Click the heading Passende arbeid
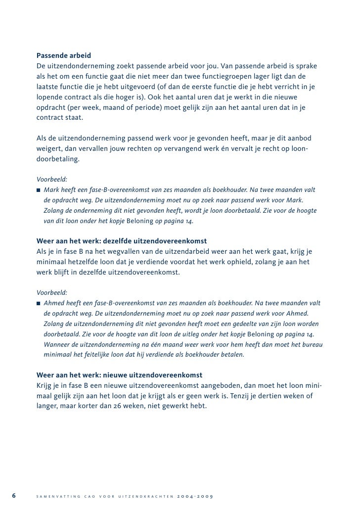(64, 54)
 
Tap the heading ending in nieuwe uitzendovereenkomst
(119, 374)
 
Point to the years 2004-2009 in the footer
(195, 497)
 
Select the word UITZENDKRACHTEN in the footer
(145, 497)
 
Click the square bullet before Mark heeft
(39, 189)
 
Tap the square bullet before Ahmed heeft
(39, 303)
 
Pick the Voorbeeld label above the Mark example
(52, 179)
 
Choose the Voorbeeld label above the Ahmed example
(52, 292)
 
